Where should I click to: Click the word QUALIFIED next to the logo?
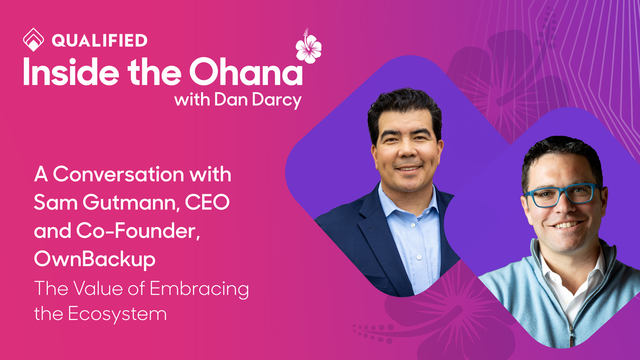point(99,40)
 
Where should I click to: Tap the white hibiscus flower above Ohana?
point(308,47)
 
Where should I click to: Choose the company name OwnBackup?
point(95,260)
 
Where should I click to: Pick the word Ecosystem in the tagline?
point(117,314)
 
